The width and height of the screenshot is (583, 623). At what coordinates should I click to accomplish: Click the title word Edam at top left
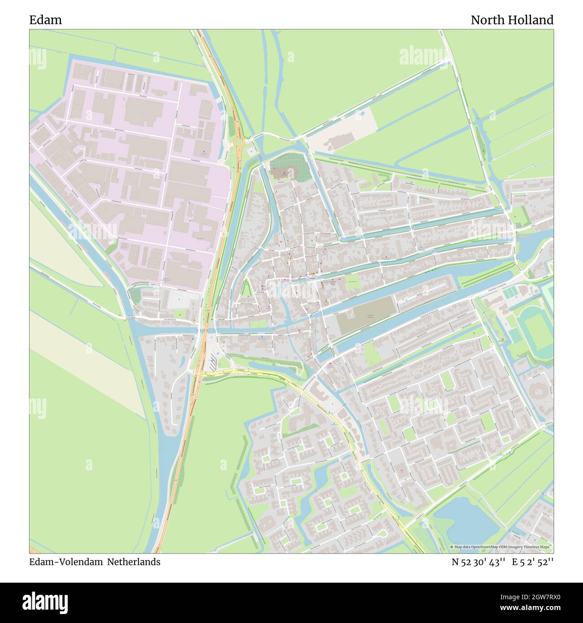point(45,20)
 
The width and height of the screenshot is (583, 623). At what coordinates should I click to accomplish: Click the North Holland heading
point(512,20)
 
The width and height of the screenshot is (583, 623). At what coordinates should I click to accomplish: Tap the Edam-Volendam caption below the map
point(66,562)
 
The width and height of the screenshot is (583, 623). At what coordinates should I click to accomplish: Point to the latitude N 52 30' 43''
point(479,562)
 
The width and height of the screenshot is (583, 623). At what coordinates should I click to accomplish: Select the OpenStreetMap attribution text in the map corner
point(501,547)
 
